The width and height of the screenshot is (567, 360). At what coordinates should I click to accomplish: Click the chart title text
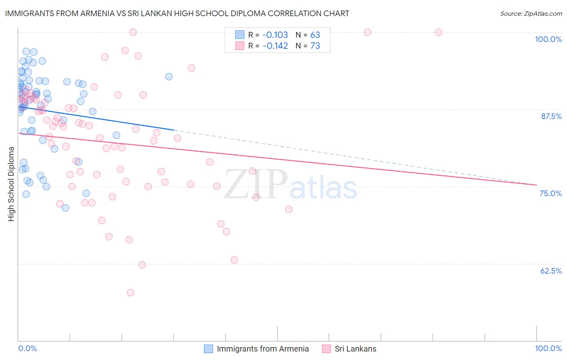[177, 13]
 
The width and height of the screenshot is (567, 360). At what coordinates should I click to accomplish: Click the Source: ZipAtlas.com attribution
[531, 13]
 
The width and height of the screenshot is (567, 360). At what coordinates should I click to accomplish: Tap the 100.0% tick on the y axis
[548, 39]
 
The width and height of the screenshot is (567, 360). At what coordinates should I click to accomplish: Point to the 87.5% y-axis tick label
[551, 116]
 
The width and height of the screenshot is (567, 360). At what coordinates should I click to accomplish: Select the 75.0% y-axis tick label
[550, 193]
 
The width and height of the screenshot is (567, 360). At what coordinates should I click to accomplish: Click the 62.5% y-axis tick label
[551, 271]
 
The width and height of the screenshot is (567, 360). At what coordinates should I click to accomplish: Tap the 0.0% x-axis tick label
[27, 348]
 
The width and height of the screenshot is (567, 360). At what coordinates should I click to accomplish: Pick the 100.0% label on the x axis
[548, 348]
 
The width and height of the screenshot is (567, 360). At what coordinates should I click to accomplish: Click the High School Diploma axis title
[11, 184]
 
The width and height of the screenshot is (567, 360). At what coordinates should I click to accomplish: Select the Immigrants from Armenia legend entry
[263, 349]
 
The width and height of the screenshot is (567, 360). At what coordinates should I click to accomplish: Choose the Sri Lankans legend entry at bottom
[355, 349]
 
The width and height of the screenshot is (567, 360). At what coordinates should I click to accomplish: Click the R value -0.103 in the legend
[275, 35]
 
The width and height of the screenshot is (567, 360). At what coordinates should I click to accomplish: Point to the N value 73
[315, 46]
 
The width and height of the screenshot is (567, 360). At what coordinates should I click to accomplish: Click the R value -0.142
[275, 46]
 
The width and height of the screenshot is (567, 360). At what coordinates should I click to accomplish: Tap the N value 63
[315, 35]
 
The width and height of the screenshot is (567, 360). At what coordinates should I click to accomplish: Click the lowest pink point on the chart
[130, 293]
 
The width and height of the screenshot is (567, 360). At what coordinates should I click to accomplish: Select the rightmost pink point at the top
[438, 32]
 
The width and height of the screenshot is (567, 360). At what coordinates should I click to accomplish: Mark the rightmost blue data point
[169, 77]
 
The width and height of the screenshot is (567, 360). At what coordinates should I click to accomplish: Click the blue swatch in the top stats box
[240, 35]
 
